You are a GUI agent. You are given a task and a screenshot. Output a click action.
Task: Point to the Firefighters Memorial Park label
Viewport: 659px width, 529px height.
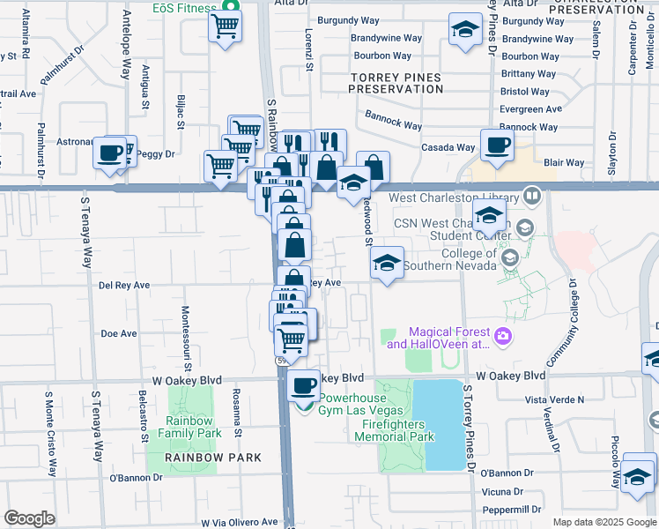pyautogui.click(x=397, y=430)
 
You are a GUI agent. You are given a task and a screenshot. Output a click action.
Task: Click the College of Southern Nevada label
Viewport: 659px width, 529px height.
pyautogui.click(x=456, y=260)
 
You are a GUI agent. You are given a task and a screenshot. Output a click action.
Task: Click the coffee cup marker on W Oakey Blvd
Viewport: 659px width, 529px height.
pyautogui.click(x=305, y=384)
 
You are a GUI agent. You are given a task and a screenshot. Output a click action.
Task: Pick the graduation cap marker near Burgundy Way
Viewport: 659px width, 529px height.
pyautogui.click(x=464, y=30)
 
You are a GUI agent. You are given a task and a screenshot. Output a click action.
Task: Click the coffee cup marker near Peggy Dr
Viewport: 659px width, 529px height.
pyautogui.click(x=110, y=152)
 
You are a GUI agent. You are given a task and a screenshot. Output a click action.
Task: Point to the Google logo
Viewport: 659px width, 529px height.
pyautogui.click(x=29, y=518)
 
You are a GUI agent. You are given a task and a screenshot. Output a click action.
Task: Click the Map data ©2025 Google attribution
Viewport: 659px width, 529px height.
pyautogui.click(x=603, y=521)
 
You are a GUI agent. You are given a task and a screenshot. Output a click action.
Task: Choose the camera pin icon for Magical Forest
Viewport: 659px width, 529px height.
pyautogui.click(x=503, y=335)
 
